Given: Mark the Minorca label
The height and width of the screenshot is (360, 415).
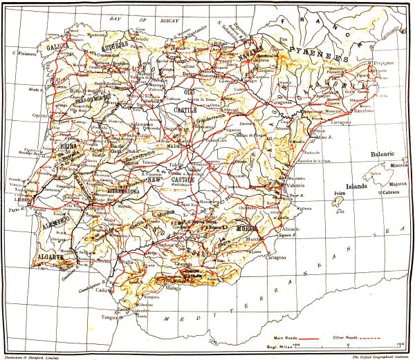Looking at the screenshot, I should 400,166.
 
